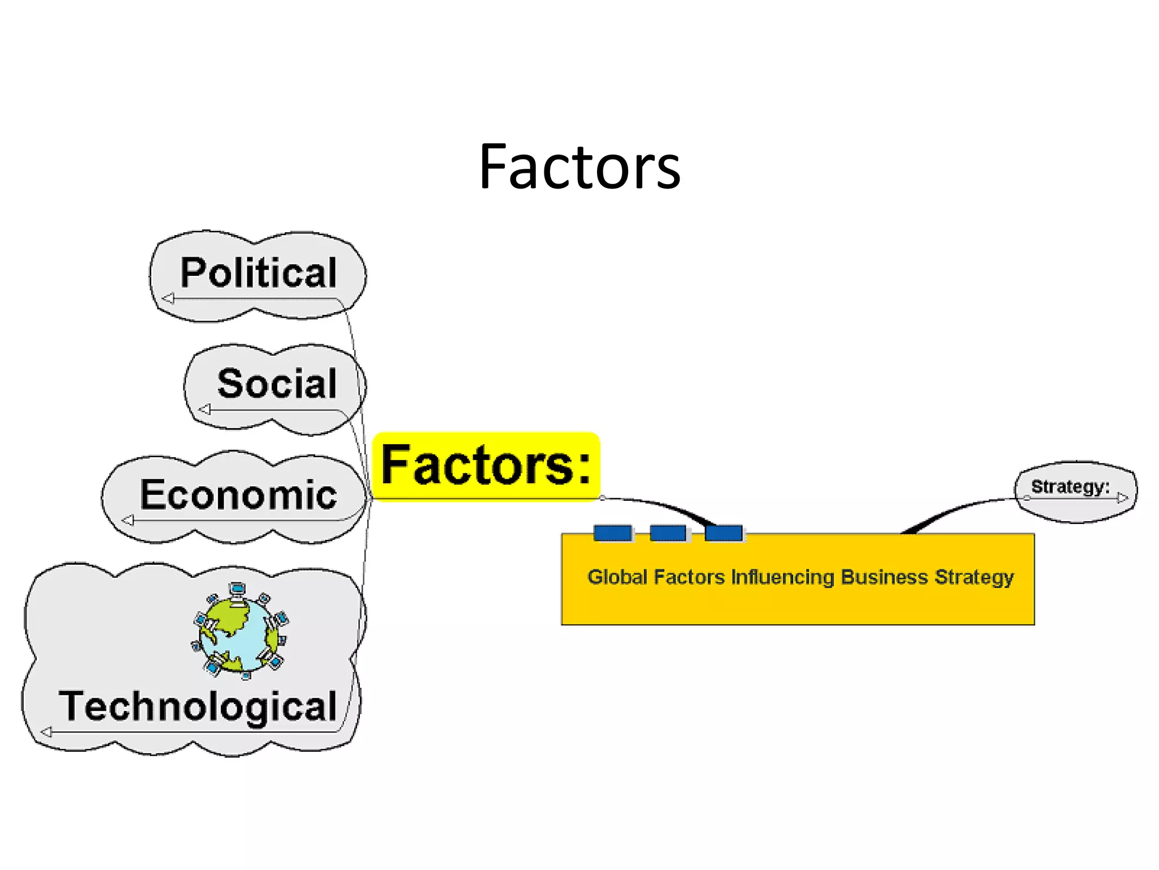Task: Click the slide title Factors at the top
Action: [x=579, y=167]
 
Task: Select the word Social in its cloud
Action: [x=277, y=383]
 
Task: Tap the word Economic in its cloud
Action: [x=238, y=494]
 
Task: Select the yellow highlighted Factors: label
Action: [x=486, y=466]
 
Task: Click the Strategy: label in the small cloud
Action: [x=1070, y=487]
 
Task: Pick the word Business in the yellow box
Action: [x=884, y=577]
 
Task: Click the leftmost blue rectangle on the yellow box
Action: [x=613, y=533]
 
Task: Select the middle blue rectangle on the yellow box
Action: [x=668, y=533]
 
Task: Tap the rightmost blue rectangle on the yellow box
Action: [x=724, y=533]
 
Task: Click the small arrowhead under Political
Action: [x=168, y=298]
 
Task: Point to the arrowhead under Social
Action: [x=205, y=409]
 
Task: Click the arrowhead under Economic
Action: [x=128, y=520]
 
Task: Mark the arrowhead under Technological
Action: [x=46, y=732]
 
